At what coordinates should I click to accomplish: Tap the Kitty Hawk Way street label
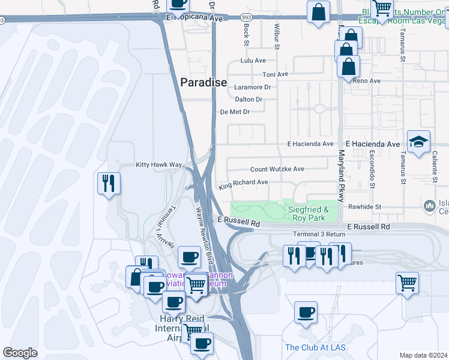[x=158, y=164]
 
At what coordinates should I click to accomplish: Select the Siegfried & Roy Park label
[x=308, y=213]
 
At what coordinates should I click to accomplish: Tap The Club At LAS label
[x=315, y=347]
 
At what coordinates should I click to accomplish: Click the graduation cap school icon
[x=419, y=142]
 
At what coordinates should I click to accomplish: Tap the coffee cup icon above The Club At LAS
[x=306, y=313]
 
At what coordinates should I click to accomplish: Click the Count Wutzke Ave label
[x=277, y=169]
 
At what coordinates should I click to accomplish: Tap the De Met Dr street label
[x=235, y=112]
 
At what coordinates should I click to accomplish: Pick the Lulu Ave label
[x=253, y=61]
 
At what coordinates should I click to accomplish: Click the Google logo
[x=20, y=353]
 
